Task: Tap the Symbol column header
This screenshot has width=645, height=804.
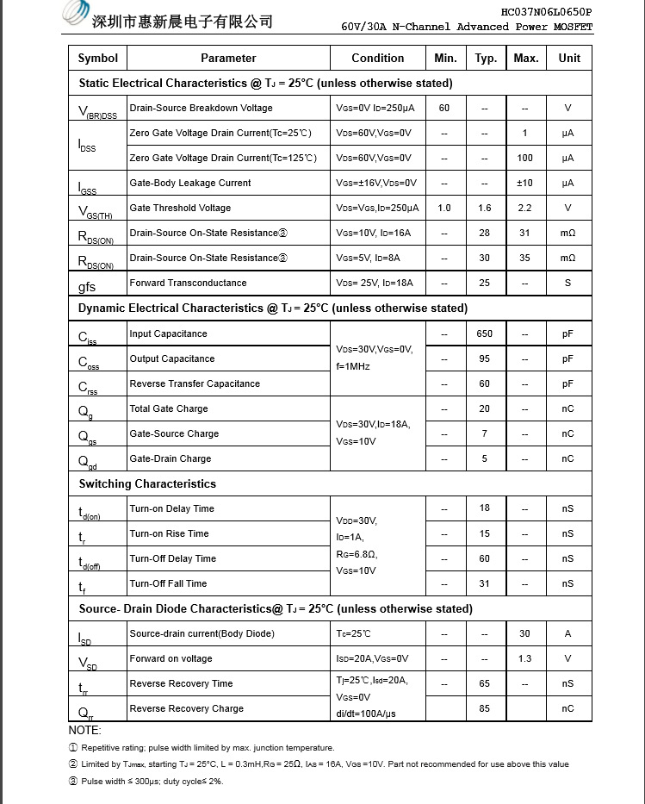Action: coord(97,58)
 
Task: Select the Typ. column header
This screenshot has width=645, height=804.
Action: coord(485,58)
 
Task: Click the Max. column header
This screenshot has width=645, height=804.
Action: coord(524,58)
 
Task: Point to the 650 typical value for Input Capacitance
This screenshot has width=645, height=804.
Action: coord(485,333)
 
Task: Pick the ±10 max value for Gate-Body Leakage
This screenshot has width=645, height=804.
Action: coord(524,183)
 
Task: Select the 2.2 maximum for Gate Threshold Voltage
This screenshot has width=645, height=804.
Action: coord(524,208)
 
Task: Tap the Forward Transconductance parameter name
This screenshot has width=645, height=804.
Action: coord(188,283)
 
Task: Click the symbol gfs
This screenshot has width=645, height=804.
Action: coord(87,286)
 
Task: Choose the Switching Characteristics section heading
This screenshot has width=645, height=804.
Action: coord(147,483)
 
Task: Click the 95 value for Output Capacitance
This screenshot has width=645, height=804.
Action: coord(485,358)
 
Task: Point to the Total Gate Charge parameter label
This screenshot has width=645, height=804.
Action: coord(169,408)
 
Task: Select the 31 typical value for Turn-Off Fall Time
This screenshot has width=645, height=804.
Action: coord(485,583)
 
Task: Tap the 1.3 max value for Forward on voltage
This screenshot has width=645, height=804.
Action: coord(524,658)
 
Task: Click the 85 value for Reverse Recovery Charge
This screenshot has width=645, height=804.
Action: coord(485,708)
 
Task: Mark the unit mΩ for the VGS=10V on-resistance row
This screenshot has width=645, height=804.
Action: coord(567,233)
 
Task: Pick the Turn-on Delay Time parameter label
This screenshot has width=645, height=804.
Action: coord(171,508)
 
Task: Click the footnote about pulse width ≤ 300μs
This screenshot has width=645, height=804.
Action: coord(152,781)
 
